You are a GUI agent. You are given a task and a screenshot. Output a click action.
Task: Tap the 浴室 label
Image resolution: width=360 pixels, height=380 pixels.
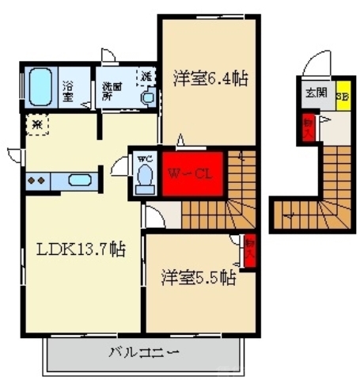click(x=68, y=90)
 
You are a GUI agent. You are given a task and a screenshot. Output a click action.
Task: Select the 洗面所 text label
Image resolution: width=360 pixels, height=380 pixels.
click(x=109, y=91)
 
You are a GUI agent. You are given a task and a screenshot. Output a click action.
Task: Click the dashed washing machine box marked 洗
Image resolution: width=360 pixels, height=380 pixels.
click(x=146, y=77)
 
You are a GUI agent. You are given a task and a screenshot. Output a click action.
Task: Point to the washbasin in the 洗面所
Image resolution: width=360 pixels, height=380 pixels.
click(x=147, y=97)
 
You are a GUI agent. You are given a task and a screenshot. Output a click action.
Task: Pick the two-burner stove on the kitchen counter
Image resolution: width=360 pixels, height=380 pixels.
click(x=36, y=180)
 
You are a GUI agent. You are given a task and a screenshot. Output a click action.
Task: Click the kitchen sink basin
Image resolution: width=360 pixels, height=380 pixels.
click(x=78, y=180)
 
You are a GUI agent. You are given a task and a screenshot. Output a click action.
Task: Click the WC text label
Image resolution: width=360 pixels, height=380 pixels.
click(x=144, y=158)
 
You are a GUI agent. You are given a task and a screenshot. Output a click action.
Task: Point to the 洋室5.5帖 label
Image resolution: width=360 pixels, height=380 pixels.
click(x=199, y=278)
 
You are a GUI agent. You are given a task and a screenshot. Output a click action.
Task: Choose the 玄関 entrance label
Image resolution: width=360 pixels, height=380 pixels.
click(x=316, y=93)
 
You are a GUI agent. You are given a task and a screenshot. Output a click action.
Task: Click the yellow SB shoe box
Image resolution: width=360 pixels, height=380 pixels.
click(x=343, y=97)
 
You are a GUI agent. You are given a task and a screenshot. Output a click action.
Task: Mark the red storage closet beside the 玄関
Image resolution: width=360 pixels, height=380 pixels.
click(x=308, y=127)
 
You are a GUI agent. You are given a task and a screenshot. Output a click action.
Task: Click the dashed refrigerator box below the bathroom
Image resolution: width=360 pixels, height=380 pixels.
click(x=37, y=124)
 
